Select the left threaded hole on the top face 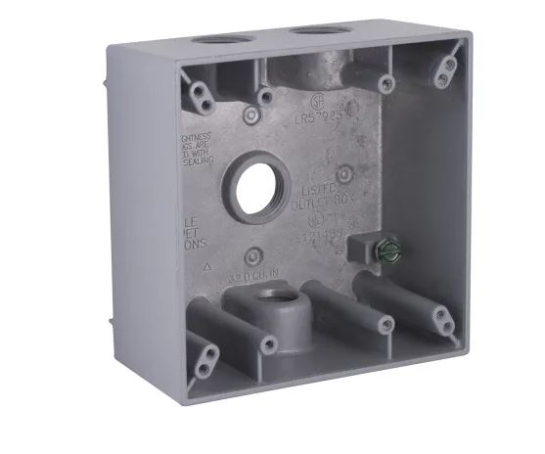tap(214, 42)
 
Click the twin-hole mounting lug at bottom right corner tap(441, 315)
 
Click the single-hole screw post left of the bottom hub tap(265, 342)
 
